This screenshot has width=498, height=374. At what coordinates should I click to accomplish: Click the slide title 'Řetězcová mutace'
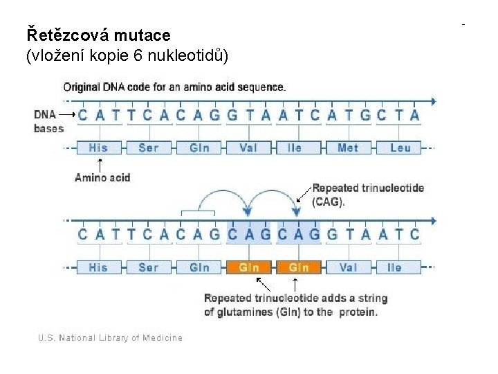coord(98,34)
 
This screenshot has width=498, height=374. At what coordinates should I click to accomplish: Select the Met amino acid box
coord(348,148)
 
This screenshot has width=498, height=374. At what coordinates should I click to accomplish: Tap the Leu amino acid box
coord(400,148)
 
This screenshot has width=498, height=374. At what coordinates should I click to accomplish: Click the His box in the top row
coord(98,148)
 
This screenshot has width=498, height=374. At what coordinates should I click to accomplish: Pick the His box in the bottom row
coord(98,267)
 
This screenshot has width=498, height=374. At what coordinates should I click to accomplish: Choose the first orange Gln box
coord(249,267)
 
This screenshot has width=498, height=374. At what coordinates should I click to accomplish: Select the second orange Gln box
coord(299,267)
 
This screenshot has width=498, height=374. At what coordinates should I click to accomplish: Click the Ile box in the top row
coord(295,148)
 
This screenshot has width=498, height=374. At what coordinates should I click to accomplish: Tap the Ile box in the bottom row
coord(394,267)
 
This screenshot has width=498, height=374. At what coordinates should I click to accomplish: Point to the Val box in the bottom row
coord(348,267)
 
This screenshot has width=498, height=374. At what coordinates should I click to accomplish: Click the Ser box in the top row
coord(148,148)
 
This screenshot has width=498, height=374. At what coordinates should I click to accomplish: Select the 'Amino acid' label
coord(102,177)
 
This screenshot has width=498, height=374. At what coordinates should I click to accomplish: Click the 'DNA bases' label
coord(48,121)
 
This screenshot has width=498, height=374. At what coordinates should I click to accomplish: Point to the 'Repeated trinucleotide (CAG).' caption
coord(368,195)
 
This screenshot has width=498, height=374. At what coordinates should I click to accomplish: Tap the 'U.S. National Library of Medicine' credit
coord(111,338)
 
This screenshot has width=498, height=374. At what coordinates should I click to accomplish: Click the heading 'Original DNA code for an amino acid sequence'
coord(174,87)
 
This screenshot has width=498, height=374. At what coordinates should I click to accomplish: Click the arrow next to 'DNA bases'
coord(67,114)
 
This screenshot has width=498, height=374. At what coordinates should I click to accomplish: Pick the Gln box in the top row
coord(199,148)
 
